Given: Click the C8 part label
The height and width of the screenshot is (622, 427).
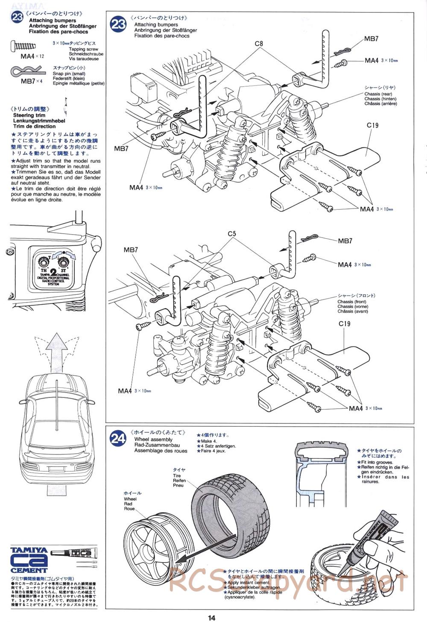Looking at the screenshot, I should pyautogui.click(x=259, y=44).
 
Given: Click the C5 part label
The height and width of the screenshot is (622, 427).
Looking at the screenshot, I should pyautogui.click(x=232, y=234).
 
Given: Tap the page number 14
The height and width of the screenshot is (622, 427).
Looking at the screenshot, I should pyautogui.click(x=212, y=617).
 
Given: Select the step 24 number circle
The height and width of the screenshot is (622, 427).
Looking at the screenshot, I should pyautogui.click(x=118, y=438).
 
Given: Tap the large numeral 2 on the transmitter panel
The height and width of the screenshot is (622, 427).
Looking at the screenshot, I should pyautogui.click(x=53, y=272).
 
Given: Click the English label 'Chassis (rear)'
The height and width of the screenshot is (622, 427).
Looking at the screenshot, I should pyautogui.click(x=378, y=94).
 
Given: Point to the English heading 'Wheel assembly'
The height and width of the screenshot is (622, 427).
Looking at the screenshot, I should pyautogui.click(x=153, y=440).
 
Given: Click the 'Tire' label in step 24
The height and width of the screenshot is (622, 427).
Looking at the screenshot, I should pyautogui.click(x=177, y=475).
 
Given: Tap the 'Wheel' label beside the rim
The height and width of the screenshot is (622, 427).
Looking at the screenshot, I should pyautogui.click(x=130, y=499).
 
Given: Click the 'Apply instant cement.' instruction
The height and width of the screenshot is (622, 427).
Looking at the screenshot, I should pyautogui.click(x=249, y=582).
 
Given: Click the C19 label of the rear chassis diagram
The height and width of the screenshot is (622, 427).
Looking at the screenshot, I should pyautogui.click(x=372, y=126).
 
